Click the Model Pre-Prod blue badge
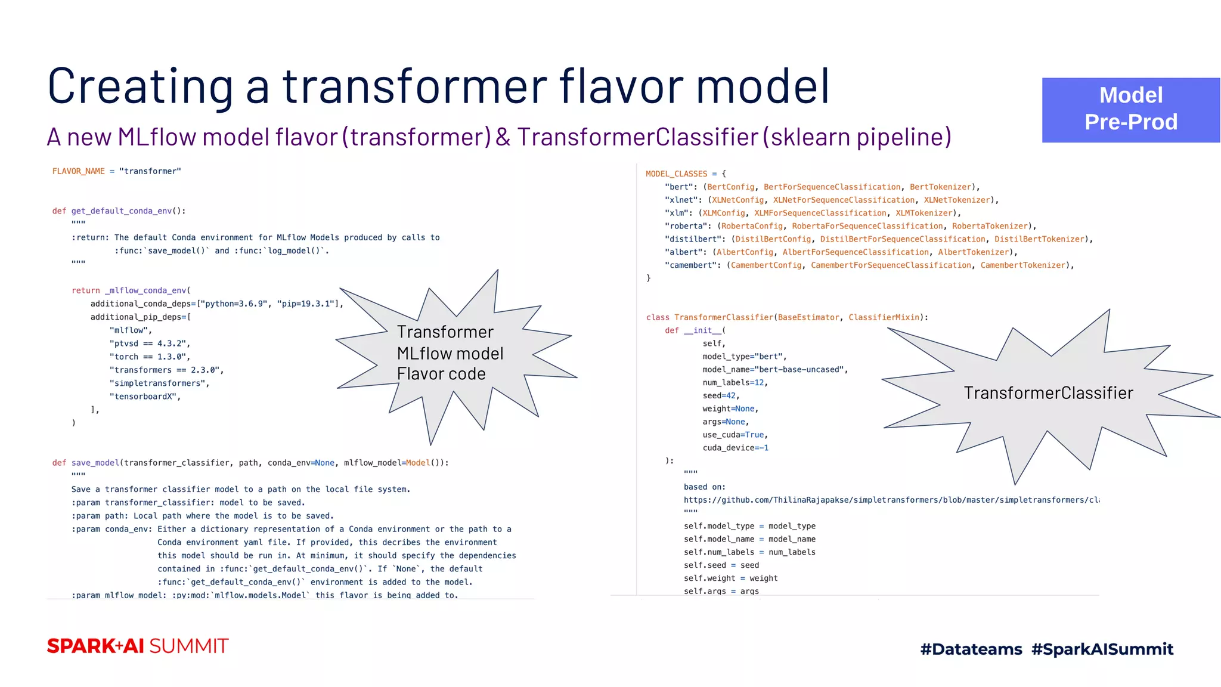point(1130,110)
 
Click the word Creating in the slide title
point(140,86)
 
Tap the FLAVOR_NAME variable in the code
point(78,172)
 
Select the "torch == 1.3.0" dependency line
point(149,357)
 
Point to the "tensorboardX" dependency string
point(144,397)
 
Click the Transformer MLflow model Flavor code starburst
point(450,353)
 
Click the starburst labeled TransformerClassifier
point(1048,393)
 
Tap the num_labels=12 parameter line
point(735,383)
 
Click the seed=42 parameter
point(720,396)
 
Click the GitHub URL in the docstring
point(891,500)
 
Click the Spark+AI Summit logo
point(138,646)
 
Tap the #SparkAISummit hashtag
point(1102,649)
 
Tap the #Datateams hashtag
point(971,649)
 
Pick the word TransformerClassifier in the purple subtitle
point(637,137)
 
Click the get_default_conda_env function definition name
point(122,211)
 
